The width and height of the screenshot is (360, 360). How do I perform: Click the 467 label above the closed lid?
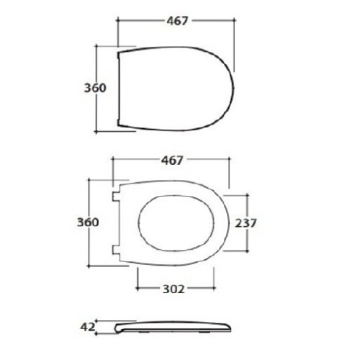176,21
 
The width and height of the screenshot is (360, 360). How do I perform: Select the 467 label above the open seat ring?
171,159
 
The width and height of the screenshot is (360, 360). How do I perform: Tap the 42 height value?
88,327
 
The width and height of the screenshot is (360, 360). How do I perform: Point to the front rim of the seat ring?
222,222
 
